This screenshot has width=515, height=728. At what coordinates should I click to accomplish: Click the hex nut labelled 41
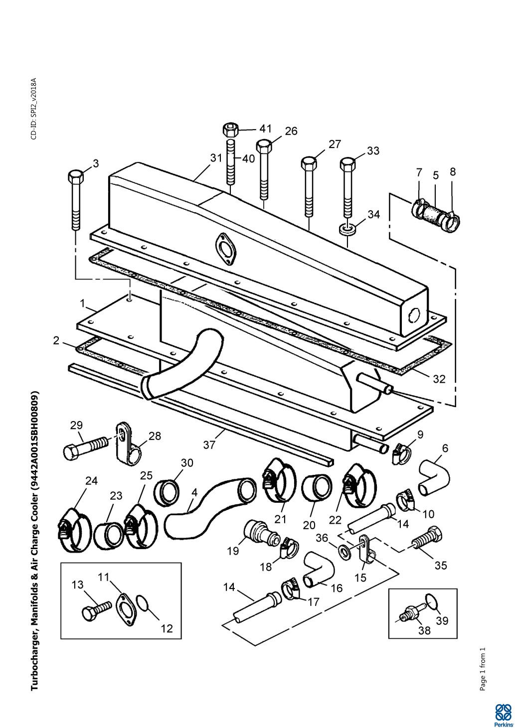point(230,131)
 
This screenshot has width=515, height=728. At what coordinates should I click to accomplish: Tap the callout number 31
point(216,158)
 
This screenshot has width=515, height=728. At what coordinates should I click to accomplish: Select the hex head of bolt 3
point(76,176)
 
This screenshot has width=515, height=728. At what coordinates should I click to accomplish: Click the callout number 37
point(209,445)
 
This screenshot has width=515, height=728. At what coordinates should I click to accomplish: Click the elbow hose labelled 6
point(434,476)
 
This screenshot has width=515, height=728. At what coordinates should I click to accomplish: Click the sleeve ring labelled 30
point(167,493)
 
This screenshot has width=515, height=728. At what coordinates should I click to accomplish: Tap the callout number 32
point(439,379)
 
